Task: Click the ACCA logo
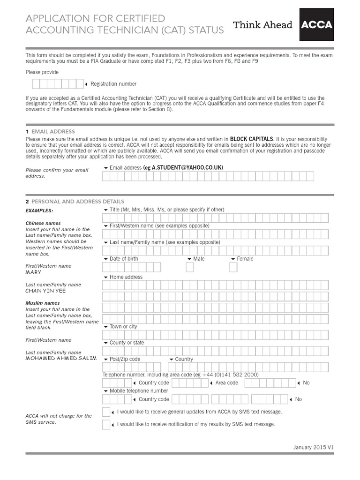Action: pos(316,24)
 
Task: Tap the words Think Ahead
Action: pos(262,25)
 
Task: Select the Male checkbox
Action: pos(190,267)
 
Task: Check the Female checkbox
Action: pos(233,267)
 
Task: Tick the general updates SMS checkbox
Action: pos(106,412)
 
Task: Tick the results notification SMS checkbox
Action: pos(106,425)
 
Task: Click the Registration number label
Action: pos(113,84)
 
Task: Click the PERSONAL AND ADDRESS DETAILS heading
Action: pos(78,202)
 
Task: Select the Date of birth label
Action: pos(124,259)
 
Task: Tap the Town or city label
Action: pos(123,327)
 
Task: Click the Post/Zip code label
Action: pos(125,359)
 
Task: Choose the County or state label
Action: pos(127,343)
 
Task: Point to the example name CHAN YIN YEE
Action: pos(45,291)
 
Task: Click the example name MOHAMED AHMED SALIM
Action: pos(61,358)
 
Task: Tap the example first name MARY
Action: pos(33,272)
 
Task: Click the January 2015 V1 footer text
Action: pos(314,447)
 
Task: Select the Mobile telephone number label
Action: pos(138,390)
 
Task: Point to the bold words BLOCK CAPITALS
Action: pos(251,139)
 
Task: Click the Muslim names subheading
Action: pos(43,303)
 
